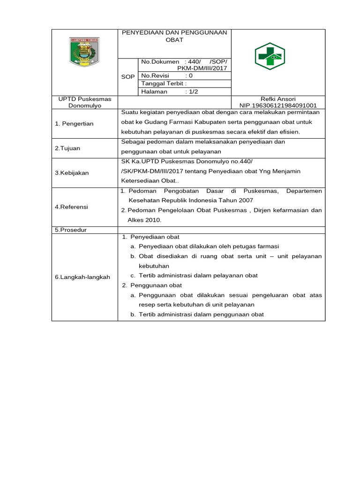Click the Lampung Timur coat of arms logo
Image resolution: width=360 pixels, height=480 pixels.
85,52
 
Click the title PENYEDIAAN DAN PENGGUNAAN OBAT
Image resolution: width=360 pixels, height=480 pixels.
174,36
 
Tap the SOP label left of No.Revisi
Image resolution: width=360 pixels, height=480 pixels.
128,76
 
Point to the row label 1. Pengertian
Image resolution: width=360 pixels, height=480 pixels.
74,124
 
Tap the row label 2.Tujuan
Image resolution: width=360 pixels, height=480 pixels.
67,148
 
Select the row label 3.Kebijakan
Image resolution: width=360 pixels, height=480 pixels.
72,173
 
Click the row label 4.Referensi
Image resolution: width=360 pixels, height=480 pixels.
71,207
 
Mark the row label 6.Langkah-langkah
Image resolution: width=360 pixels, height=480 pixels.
82,277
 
